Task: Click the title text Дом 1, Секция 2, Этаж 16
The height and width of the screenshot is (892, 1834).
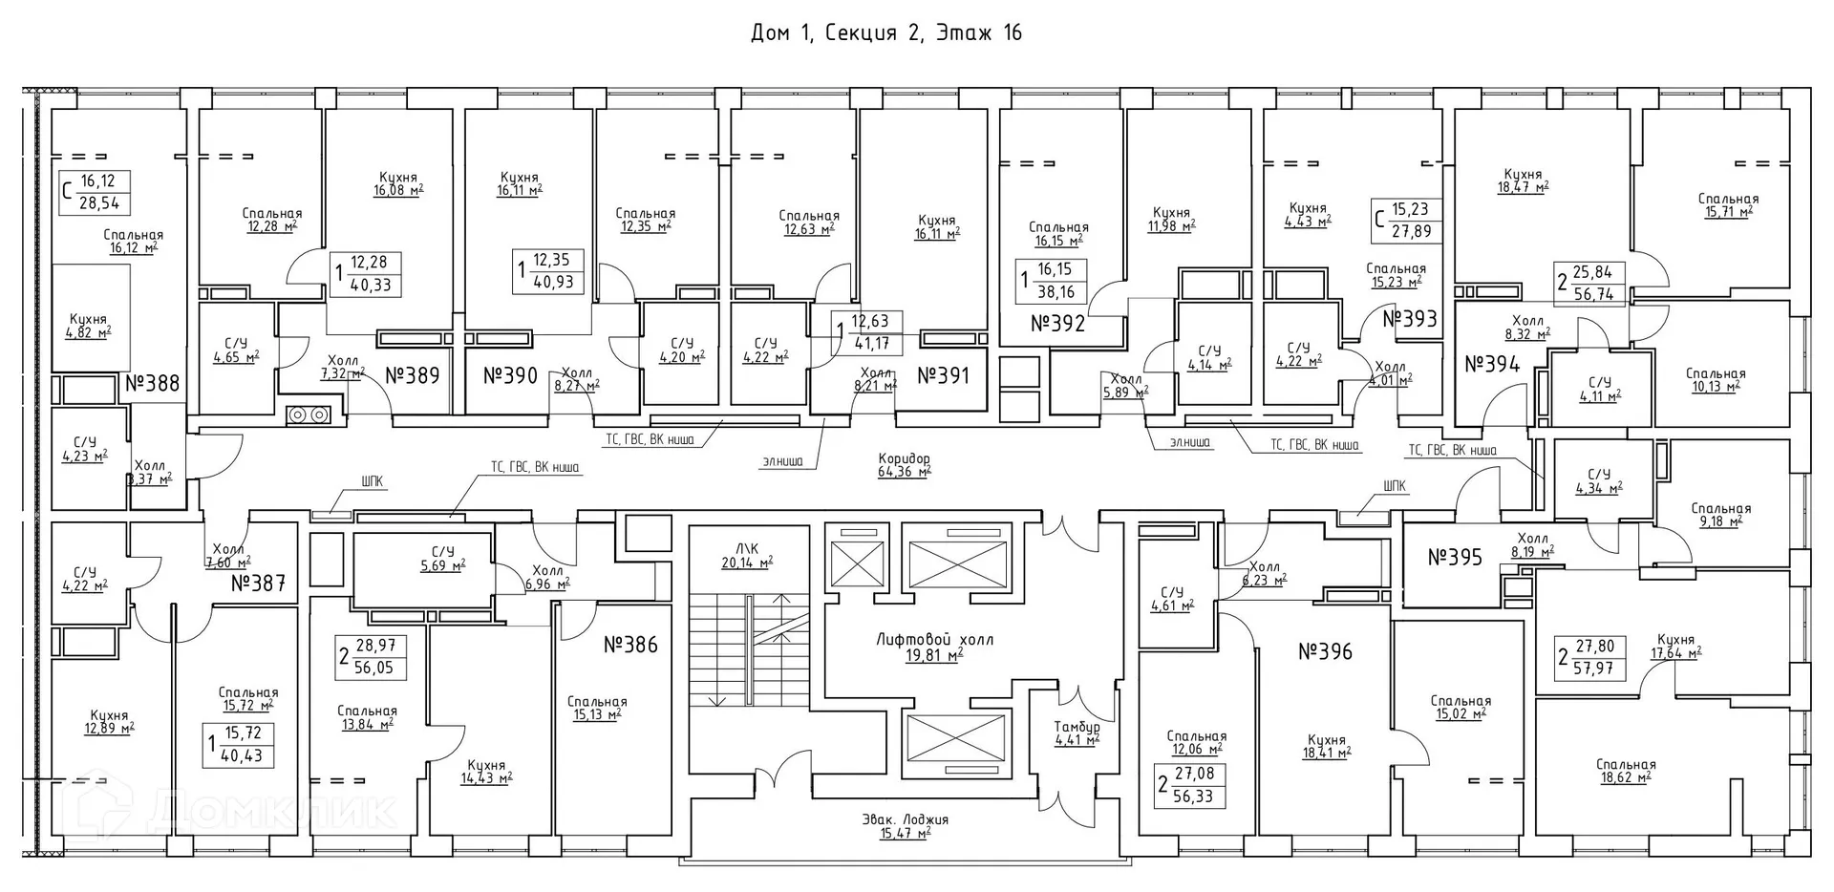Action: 886,33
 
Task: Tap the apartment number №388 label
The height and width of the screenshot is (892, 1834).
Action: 152,384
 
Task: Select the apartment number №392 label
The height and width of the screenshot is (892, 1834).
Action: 1057,324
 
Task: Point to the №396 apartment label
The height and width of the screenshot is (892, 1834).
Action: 1325,652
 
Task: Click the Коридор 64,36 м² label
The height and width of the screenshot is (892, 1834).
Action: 904,465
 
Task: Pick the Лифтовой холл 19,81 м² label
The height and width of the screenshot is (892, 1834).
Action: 934,647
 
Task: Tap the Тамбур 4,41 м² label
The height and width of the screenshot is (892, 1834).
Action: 1077,733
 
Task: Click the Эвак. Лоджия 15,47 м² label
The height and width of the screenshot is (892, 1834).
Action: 905,826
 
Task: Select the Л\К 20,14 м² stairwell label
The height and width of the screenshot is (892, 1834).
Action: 746,555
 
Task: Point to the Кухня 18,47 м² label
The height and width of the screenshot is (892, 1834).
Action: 1523,181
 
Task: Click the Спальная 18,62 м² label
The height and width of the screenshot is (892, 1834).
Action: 1625,771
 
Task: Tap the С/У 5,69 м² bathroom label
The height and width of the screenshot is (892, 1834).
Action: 442,558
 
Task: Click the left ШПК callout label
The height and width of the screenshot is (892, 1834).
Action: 373,482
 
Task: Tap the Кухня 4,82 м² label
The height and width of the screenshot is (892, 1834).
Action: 88,326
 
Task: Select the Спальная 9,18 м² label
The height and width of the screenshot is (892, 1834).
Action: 1720,515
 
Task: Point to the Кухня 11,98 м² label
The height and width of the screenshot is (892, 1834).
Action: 1171,219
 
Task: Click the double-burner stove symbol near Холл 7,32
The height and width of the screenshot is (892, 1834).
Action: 309,414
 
